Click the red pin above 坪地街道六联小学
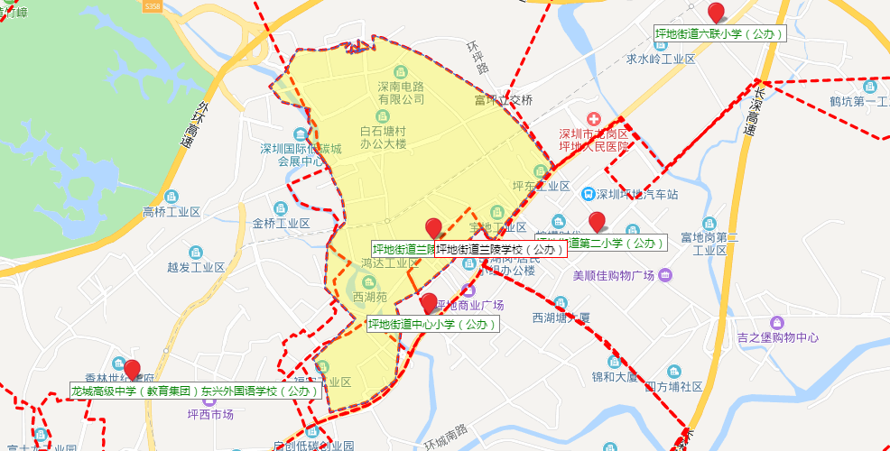tap(717, 13)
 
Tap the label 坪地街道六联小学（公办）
tap(719, 34)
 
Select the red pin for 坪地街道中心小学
tap(430, 303)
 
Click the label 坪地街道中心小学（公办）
tap(432, 324)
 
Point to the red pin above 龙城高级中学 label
tap(133, 370)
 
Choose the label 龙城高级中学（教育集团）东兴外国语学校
tap(196, 391)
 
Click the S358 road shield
tap(155, 5)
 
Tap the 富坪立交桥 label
tap(504, 100)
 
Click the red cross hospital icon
tap(594, 119)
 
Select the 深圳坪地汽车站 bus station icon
tap(588, 194)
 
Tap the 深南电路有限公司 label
tap(388, 93)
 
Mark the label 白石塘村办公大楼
tap(384, 137)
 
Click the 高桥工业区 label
tap(172, 212)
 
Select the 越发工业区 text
tap(196, 267)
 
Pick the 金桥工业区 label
tap(281, 224)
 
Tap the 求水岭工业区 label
tap(661, 59)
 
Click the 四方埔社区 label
tap(673, 386)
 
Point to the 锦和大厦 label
tap(614, 375)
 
